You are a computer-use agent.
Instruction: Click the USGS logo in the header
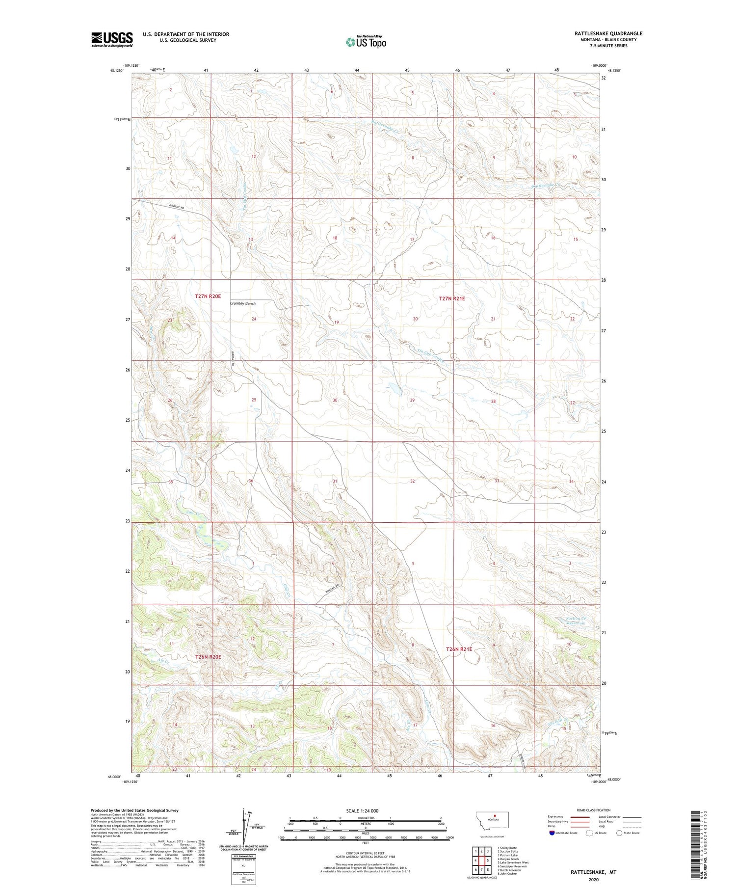[x=112, y=39]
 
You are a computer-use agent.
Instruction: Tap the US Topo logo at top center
[x=366, y=42]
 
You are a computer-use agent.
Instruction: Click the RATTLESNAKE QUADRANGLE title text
[x=608, y=33]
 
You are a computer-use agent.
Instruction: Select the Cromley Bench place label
[x=243, y=303]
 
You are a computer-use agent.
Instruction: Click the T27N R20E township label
[x=208, y=297]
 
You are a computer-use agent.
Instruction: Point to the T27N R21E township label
[x=451, y=298]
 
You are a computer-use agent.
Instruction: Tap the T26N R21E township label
[x=459, y=649]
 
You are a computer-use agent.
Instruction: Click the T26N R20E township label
[x=208, y=656]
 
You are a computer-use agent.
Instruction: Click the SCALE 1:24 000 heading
[x=362, y=810]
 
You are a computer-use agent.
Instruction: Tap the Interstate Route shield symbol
[x=552, y=833]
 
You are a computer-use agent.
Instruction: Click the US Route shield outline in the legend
[x=589, y=833]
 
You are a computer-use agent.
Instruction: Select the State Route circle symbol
[x=620, y=833]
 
